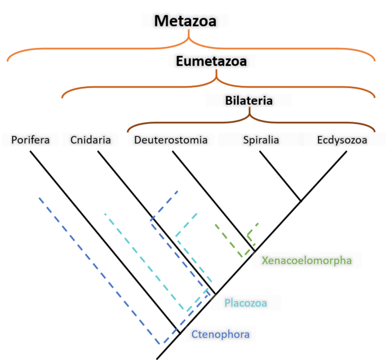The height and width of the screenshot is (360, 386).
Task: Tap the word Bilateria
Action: coord(249,101)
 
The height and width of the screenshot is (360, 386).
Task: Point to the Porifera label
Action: coord(31,139)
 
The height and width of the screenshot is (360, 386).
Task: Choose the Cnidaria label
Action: coord(91,139)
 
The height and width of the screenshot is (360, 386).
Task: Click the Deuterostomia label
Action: coord(171,139)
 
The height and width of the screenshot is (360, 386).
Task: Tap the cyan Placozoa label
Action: coord(246,303)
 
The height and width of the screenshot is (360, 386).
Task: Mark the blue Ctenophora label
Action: coord(220,333)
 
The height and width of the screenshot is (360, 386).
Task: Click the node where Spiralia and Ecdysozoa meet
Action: coord(300,200)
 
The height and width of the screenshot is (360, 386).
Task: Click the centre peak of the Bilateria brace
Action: coord(250,116)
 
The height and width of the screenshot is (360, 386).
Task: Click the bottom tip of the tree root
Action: coord(158,358)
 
